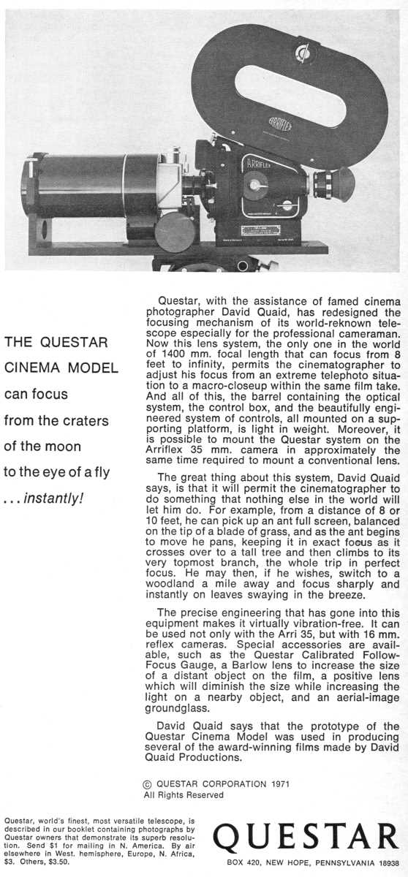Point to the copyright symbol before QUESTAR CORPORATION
click(148, 784)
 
